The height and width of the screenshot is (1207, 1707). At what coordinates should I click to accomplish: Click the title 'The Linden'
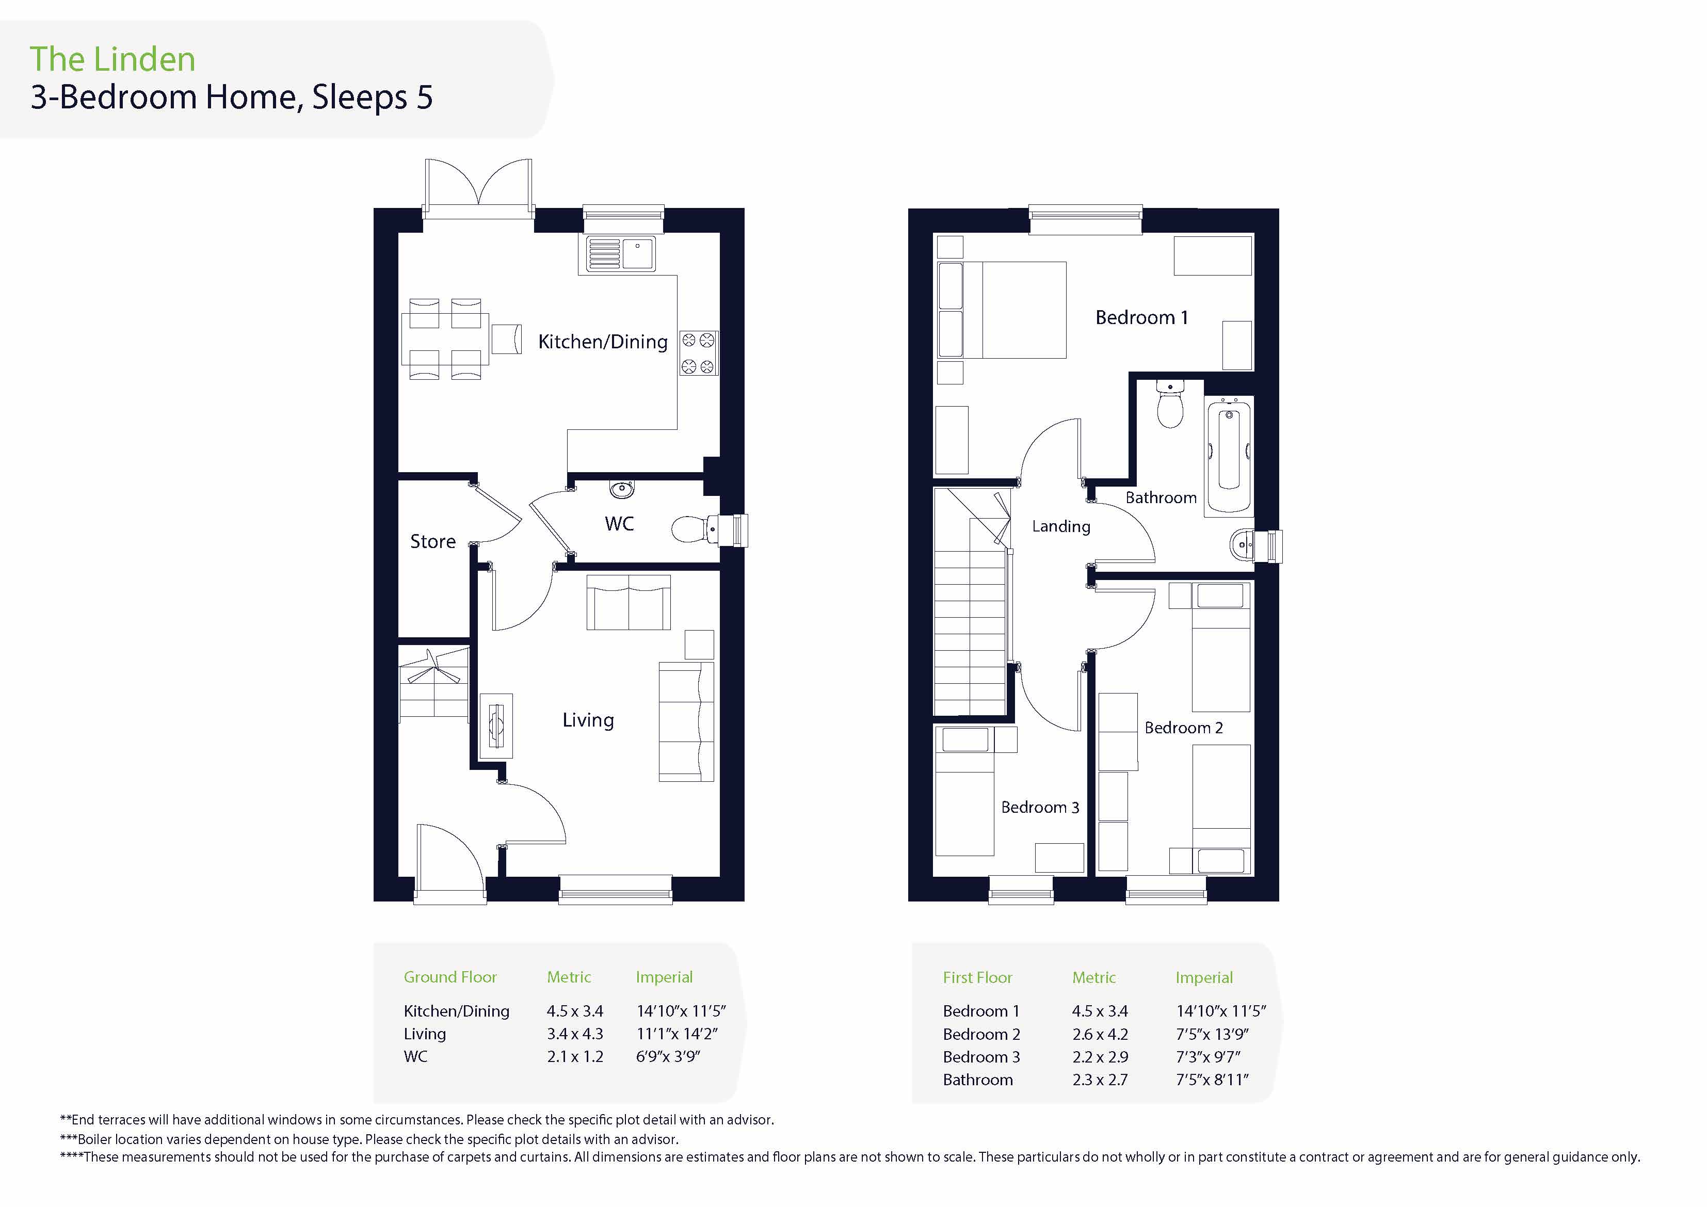click(112, 59)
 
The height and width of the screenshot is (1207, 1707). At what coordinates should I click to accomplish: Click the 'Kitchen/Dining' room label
click(603, 342)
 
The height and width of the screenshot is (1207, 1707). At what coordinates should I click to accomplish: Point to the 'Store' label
click(433, 541)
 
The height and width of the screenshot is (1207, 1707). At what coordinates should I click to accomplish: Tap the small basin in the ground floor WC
click(621, 489)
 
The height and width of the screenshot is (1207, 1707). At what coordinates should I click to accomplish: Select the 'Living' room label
click(588, 720)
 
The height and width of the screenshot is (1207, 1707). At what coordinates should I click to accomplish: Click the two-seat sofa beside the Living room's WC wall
click(628, 602)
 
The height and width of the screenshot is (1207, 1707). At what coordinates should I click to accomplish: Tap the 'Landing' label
click(1061, 526)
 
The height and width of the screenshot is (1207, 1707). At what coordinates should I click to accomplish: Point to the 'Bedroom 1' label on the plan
click(1142, 317)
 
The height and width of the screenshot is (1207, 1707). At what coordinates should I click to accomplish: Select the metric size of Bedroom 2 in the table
click(1100, 1035)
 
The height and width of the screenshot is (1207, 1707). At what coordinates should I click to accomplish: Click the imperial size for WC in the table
click(668, 1057)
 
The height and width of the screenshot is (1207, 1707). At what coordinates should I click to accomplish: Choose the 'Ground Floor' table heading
click(450, 977)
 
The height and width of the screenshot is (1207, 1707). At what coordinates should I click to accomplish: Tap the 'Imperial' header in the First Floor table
click(1204, 978)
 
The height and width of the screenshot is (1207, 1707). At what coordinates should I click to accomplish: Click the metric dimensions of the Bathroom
click(1100, 1080)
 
